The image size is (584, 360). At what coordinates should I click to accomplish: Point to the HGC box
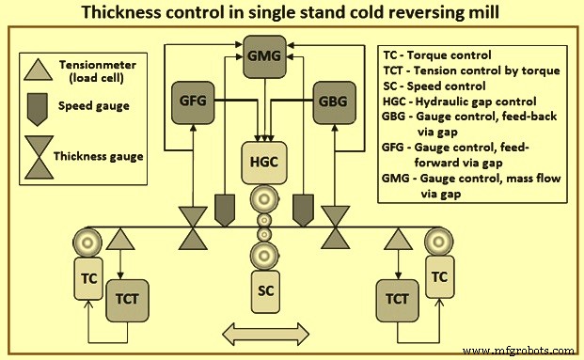tap(264, 161)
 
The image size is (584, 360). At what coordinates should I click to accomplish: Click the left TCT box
tap(128, 299)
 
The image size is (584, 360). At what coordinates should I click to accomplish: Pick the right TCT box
tap(400, 299)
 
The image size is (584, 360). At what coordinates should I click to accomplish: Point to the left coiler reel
tap(92, 243)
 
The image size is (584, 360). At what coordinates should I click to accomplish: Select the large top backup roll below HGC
tap(264, 201)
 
